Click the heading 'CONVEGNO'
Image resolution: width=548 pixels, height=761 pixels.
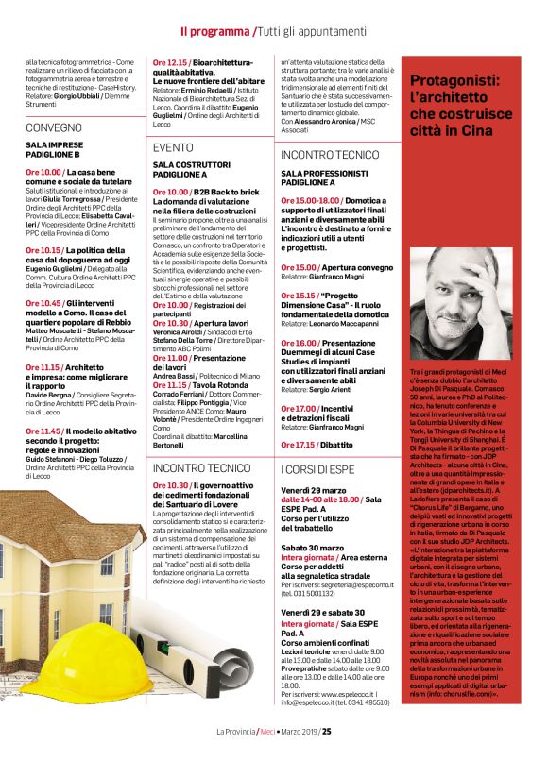pyautogui.click(x=54, y=126)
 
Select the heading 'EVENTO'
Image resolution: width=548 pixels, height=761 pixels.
pyautogui.click(x=173, y=148)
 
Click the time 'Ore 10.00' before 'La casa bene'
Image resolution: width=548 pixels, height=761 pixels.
pyautogui.click(x=43, y=173)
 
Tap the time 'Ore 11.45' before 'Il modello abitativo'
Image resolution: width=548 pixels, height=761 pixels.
pyautogui.click(x=44, y=431)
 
